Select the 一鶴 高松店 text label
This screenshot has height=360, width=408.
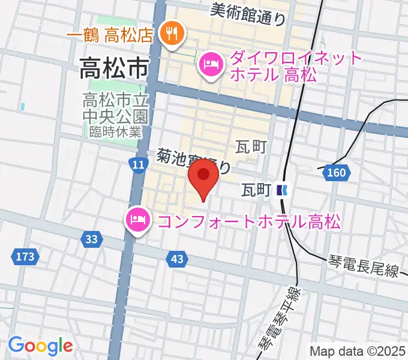point(112,35)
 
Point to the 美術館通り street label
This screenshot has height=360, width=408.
point(248,13)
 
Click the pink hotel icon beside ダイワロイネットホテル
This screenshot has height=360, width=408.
point(211,65)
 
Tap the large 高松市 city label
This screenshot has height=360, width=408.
point(114,69)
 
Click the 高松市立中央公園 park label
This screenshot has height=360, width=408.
point(115,105)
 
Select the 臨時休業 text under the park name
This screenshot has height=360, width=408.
point(115,131)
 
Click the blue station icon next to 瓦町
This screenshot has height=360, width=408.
point(283,190)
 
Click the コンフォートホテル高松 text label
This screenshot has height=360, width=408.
point(248,221)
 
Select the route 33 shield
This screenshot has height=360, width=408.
point(91,239)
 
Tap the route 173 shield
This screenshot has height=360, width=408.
point(25,257)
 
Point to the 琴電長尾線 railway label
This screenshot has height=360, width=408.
point(364,266)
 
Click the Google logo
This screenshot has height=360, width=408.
point(40,346)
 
